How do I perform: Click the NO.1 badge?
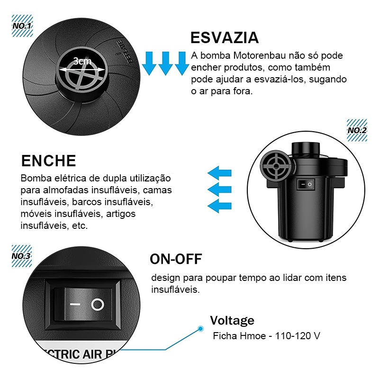(22, 26)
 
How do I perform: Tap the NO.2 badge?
(357, 130)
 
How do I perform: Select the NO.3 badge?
(22, 256)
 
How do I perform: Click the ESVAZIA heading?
(225, 37)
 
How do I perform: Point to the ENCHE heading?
(49, 161)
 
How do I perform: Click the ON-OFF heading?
(176, 259)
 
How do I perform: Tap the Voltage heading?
(232, 321)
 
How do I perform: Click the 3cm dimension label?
(82, 61)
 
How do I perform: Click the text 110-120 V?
(298, 336)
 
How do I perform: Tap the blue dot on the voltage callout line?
(200, 328)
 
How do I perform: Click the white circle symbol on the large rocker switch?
(98, 304)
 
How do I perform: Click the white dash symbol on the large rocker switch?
(75, 304)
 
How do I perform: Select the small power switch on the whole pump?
(306, 184)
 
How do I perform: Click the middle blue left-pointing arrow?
(219, 189)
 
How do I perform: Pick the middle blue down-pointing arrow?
(165, 63)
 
